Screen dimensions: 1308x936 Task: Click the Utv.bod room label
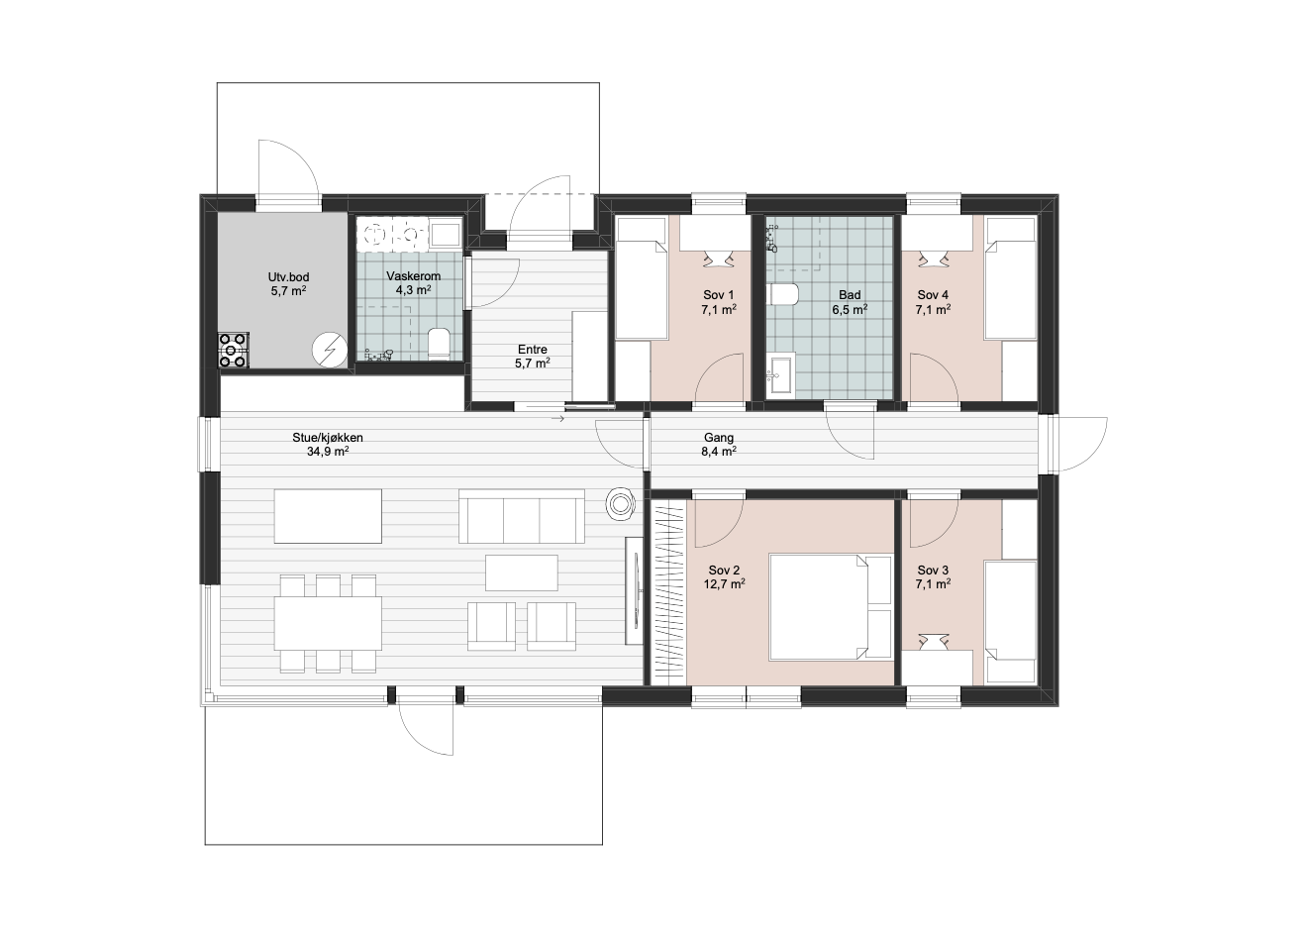click(x=288, y=277)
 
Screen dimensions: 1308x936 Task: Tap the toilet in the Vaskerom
click(x=439, y=343)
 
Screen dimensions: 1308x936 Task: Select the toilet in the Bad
click(x=784, y=295)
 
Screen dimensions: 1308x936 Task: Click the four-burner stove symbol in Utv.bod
click(x=234, y=350)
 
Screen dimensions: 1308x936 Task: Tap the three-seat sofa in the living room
click(x=522, y=516)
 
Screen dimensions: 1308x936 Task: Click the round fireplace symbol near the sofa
click(x=620, y=503)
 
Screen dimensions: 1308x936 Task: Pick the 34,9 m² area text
click(x=328, y=451)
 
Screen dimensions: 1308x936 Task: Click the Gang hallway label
click(x=718, y=437)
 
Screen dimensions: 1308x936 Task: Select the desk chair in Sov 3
click(x=932, y=642)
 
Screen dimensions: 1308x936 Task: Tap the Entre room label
click(x=533, y=350)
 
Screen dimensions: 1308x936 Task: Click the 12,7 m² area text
click(x=724, y=583)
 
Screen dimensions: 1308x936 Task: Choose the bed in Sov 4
click(x=1011, y=278)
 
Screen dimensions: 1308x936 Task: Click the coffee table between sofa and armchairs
click(x=522, y=572)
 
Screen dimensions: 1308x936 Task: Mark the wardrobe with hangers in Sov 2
click(x=668, y=591)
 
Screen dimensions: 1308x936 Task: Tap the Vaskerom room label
click(x=414, y=275)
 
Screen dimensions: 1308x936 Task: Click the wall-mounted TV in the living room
click(x=635, y=591)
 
